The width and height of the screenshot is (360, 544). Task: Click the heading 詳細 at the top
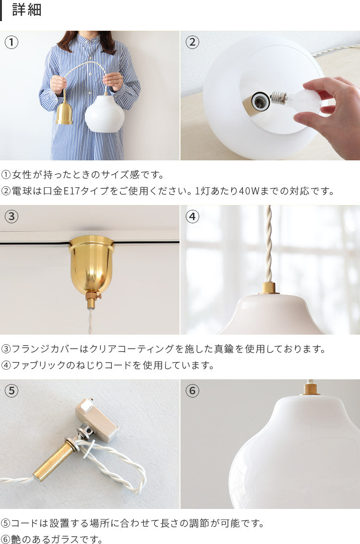coord(27,10)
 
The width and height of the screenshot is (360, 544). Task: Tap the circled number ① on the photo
coord(12,42)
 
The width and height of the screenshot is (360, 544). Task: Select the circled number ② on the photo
coord(192,42)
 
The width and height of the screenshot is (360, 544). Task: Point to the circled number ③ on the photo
coord(12,217)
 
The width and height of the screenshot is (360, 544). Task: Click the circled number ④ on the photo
coord(192,217)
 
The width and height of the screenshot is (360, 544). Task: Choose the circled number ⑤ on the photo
coord(12,391)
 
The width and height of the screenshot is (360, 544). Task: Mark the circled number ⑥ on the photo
coord(192,391)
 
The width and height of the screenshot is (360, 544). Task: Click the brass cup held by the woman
coord(64,112)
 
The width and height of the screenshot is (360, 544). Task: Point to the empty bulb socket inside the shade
coord(258,102)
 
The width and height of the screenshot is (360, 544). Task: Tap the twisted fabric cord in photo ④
coord(268,243)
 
